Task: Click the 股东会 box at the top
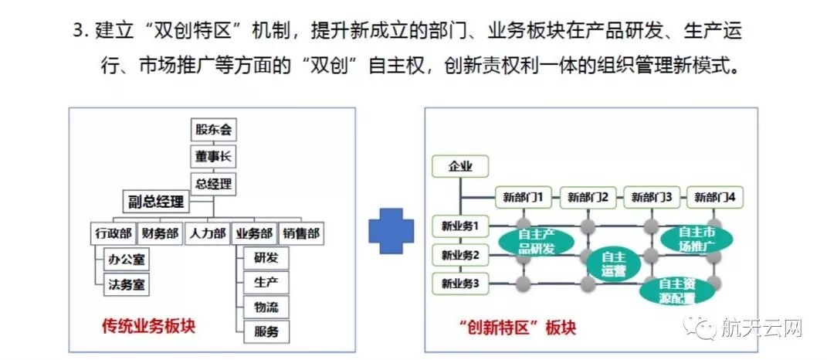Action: (213, 130)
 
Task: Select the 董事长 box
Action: (213, 157)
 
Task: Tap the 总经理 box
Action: (213, 184)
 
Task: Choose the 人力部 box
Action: (206, 233)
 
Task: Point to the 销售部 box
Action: (300, 233)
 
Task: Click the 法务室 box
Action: (127, 285)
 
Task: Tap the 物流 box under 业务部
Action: (266, 307)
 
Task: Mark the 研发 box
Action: (266, 257)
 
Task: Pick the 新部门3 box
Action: (651, 197)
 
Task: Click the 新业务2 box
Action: (460, 254)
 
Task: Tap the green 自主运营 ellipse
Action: (612, 263)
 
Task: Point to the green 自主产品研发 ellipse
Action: (536, 240)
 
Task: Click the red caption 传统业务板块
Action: (148, 326)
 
